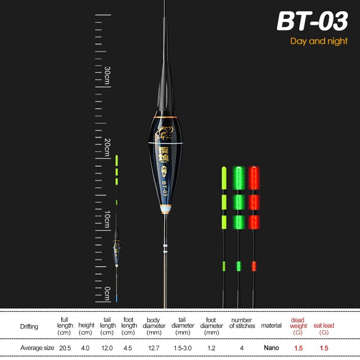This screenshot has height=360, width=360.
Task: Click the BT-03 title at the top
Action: click(312, 22)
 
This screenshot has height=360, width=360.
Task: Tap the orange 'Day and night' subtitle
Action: click(319, 41)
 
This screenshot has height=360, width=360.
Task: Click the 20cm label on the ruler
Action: click(107, 147)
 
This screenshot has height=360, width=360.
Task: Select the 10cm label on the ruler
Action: click(107, 219)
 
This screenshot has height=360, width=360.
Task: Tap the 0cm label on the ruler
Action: click(107, 293)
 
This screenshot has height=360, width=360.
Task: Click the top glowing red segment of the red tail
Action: click(254, 177)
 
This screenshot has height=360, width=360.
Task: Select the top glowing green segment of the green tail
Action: click(238, 177)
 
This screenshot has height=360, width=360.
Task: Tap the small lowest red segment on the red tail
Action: click(253, 266)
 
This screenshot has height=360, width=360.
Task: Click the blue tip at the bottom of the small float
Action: click(117, 298)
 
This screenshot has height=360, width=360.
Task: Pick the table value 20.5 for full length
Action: click(65, 348)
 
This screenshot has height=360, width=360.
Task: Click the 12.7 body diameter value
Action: click(153, 348)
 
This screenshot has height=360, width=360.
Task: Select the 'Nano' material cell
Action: click(271, 347)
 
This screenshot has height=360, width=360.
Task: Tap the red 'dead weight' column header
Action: click(298, 325)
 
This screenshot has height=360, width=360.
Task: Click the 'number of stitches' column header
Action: click(242, 323)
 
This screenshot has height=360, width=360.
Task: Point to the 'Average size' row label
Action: click(37, 348)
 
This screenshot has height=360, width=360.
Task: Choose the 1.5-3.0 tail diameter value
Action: click(183, 348)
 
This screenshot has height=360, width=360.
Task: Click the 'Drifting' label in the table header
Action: click(29, 327)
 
